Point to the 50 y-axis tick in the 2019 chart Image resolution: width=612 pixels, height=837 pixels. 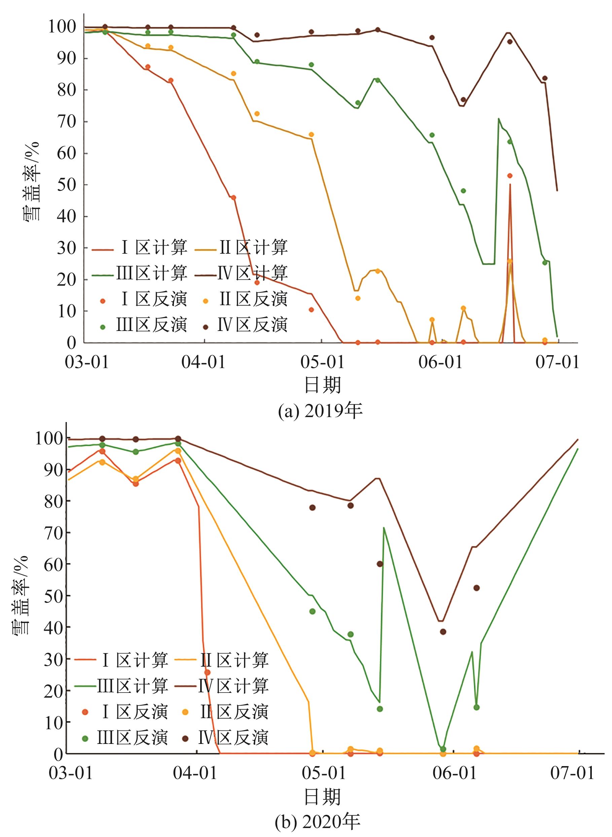click(66, 185)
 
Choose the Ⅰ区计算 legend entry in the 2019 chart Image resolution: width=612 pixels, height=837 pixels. click(140, 248)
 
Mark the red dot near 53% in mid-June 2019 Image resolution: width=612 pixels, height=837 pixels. click(510, 176)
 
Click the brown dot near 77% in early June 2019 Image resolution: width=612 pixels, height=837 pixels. click(463, 100)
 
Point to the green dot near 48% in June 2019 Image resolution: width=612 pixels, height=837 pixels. click(463, 191)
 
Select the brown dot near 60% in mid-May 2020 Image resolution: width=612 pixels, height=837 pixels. click(380, 564)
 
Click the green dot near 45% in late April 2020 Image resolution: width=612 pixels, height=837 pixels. click(312, 611)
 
